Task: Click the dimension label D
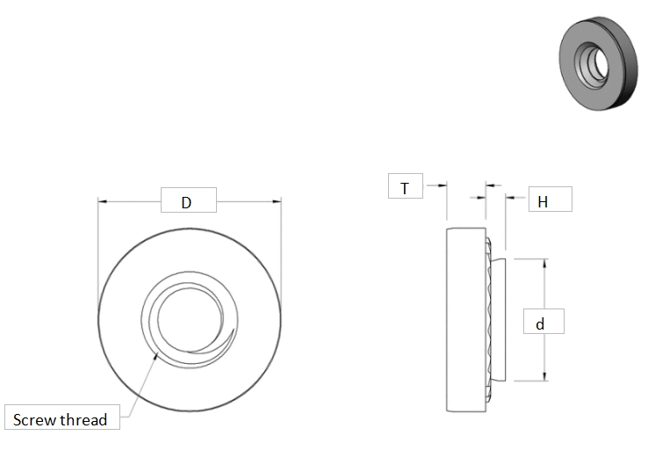[x=186, y=202]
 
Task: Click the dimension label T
[x=404, y=188]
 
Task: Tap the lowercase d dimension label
[x=540, y=323]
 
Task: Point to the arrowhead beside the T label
[x=442, y=185]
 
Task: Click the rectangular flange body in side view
[x=464, y=320]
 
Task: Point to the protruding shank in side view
[x=498, y=320]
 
